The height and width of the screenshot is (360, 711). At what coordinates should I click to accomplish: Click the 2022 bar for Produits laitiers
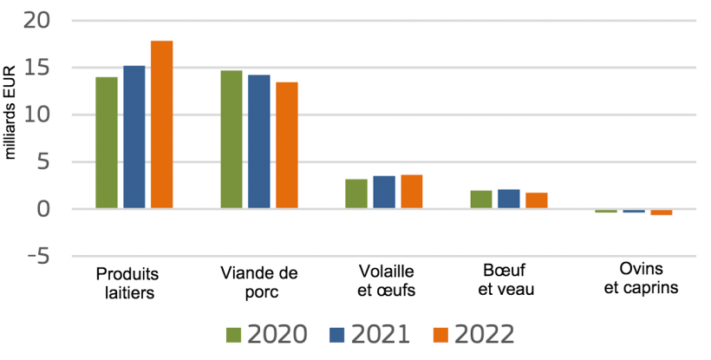click(x=162, y=124)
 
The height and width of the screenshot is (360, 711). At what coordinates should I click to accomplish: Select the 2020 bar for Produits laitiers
click(x=107, y=142)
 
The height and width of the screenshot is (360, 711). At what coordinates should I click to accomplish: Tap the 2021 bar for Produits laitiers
click(x=134, y=136)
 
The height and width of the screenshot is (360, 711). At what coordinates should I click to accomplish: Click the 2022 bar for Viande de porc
click(x=287, y=145)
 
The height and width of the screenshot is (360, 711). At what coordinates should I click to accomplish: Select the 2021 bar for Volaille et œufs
click(x=384, y=192)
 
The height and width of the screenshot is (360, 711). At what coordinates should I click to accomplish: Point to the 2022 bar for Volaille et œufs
click(x=412, y=191)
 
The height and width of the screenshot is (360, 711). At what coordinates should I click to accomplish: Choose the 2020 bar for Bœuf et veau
click(x=481, y=199)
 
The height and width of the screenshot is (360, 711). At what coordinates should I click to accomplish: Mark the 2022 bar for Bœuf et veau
click(x=537, y=200)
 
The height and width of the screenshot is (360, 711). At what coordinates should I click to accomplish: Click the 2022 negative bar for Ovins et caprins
click(x=662, y=212)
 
